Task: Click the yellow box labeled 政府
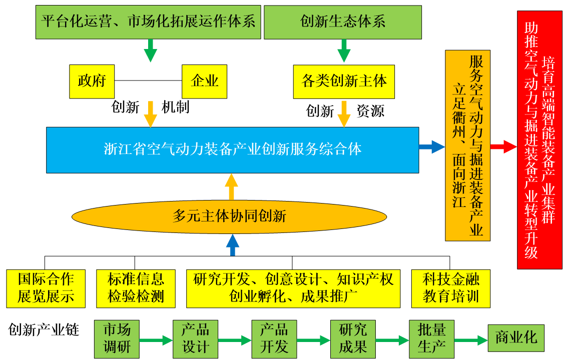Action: click(x=92, y=81)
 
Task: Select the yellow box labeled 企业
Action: click(x=204, y=81)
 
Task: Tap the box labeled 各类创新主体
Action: click(x=344, y=81)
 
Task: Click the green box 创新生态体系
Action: click(x=343, y=21)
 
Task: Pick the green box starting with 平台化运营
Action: click(x=148, y=21)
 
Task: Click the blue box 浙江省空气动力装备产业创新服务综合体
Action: click(x=232, y=149)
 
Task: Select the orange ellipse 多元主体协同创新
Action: click(x=230, y=216)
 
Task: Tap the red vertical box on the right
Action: click(x=540, y=140)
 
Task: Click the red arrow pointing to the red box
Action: click(x=503, y=146)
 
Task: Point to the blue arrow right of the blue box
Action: click(x=431, y=146)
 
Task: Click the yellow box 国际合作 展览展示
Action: click(x=46, y=288)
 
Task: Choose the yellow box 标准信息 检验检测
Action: click(x=136, y=288)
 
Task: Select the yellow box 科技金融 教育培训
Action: click(x=450, y=288)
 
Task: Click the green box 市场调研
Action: click(x=117, y=338)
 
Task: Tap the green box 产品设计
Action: click(x=195, y=338)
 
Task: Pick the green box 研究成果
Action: click(x=353, y=338)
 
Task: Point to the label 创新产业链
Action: click(x=44, y=329)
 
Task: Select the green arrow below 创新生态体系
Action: click(x=343, y=50)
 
